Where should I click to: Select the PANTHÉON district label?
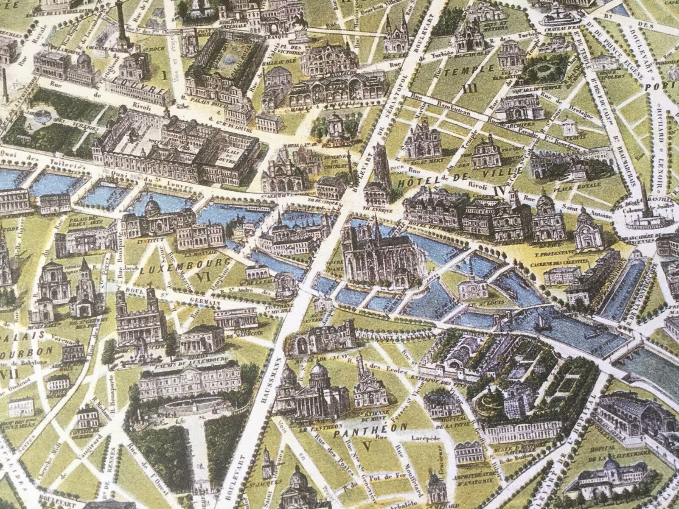click(370, 425)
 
